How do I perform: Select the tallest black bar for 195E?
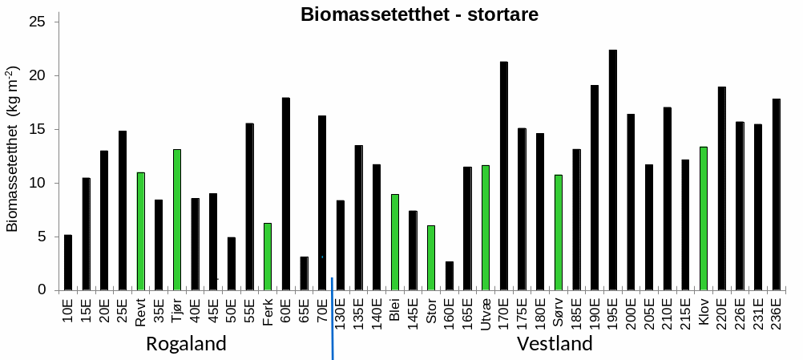tap(612, 170)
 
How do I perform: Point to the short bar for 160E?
tap(450, 276)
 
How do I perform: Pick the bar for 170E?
tap(503, 176)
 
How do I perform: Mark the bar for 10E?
tap(68, 262)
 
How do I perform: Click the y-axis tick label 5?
tap(43, 237)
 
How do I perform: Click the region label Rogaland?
tap(186, 344)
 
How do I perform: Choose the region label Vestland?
tap(555, 344)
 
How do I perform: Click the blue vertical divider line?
tap(332, 321)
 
